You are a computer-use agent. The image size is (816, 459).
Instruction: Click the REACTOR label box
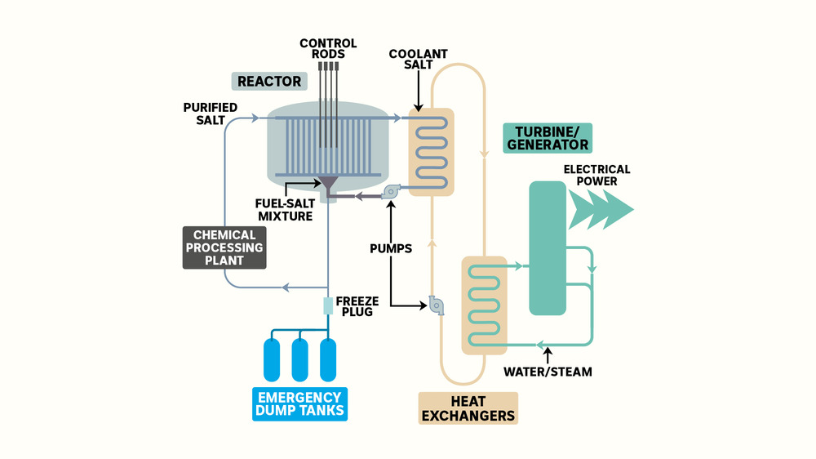pos(269,82)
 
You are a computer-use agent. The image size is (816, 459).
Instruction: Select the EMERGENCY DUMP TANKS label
pos(299,403)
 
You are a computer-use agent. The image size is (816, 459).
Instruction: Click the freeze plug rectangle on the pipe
pos(328,306)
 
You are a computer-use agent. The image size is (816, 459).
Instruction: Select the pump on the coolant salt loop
pos(437,305)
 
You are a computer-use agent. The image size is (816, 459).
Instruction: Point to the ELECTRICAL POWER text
pos(596,175)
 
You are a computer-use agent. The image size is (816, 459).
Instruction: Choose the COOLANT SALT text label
pos(418,60)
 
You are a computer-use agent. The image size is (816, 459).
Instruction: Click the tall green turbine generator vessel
pos(548,247)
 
